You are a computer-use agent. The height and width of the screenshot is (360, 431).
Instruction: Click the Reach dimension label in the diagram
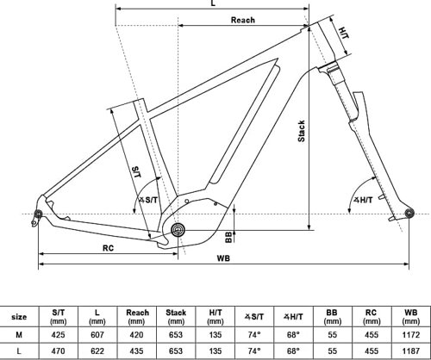(242, 19)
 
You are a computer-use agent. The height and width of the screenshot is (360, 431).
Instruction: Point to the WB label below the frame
(223, 259)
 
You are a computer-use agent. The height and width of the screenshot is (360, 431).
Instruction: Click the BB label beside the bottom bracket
(229, 234)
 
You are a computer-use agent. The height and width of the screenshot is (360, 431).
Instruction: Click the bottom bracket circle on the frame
(178, 229)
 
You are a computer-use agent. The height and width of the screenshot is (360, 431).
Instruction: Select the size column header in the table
(18, 316)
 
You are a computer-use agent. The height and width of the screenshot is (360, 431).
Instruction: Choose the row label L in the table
(18, 351)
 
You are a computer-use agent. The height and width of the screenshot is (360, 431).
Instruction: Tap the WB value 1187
(410, 351)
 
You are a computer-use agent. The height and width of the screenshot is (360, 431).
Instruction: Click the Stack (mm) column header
(175, 316)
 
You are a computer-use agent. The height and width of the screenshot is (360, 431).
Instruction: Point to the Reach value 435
(135, 351)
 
